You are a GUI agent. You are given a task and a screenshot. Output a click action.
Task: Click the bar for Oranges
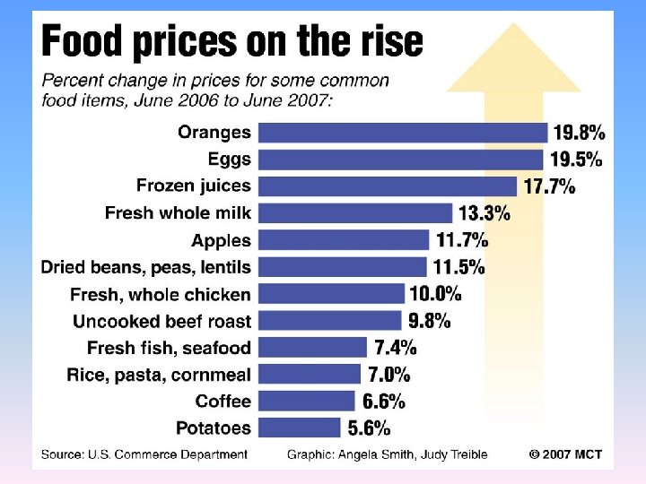(x=403, y=133)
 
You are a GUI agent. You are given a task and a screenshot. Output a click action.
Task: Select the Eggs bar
(x=401, y=160)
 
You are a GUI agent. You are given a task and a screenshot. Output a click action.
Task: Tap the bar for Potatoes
(x=300, y=428)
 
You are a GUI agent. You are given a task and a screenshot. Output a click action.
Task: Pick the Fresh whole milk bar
(x=355, y=213)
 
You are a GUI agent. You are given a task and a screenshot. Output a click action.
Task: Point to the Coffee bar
(x=306, y=401)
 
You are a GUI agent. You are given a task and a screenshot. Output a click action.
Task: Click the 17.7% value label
(x=549, y=186)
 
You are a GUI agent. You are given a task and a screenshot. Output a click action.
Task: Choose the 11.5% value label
(x=458, y=267)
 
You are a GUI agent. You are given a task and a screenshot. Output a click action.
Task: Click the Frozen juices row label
(x=194, y=186)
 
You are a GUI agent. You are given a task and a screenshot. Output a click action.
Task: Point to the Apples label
(x=221, y=240)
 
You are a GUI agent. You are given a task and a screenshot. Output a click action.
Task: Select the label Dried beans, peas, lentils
(x=146, y=267)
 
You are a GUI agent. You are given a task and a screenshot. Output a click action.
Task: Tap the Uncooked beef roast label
(x=161, y=321)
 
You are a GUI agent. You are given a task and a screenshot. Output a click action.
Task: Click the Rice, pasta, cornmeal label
(x=159, y=375)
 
